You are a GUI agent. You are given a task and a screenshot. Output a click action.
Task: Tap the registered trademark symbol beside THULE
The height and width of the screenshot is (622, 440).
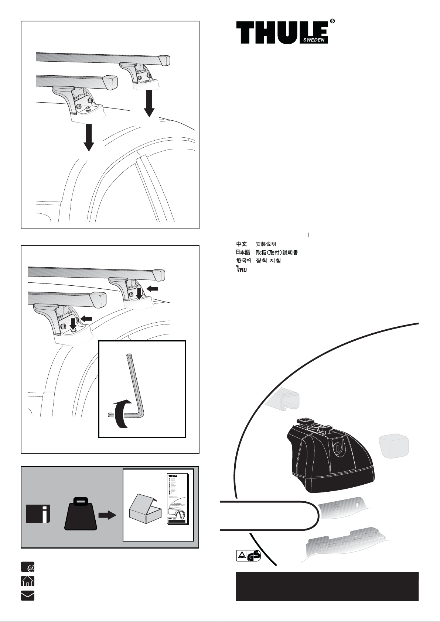332,22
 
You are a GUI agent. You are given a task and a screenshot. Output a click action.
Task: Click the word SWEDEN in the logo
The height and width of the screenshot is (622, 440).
315,40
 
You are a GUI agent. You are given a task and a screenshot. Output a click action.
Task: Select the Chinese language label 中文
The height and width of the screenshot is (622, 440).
242,244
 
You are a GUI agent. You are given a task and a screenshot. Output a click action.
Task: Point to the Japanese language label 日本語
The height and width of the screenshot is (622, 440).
243,252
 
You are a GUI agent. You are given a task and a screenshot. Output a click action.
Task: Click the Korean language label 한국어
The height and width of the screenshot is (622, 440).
243,261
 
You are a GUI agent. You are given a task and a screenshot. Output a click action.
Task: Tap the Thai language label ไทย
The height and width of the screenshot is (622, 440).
242,269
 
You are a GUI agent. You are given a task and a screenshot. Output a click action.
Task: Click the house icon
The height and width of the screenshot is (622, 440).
27,581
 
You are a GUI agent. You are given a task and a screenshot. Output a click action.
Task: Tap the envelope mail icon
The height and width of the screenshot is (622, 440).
27,595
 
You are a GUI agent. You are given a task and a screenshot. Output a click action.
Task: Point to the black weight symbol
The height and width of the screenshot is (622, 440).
81,513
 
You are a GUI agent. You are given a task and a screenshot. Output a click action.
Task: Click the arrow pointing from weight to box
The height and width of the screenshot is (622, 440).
107,515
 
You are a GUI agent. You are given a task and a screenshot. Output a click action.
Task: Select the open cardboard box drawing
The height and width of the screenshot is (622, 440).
145,510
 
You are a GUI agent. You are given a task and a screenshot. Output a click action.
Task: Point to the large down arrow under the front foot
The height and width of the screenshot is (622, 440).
89,137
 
